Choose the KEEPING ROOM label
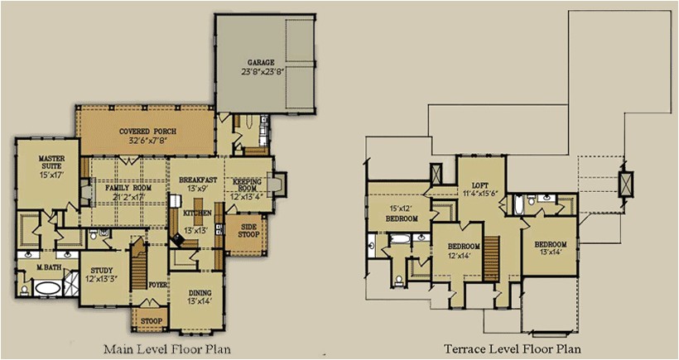tap(247, 183)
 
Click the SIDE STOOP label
tap(249, 230)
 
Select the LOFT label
tap(480, 186)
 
